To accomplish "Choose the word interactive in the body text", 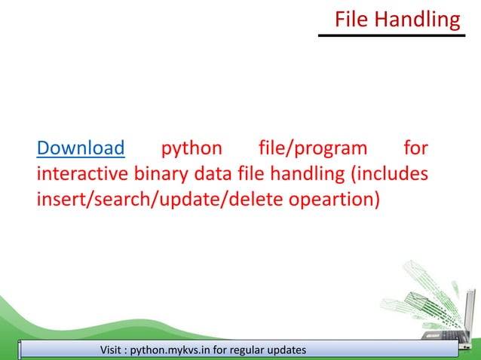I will click(x=83, y=175).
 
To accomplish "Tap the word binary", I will click(x=161, y=175).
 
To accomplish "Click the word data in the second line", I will click(x=210, y=175).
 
